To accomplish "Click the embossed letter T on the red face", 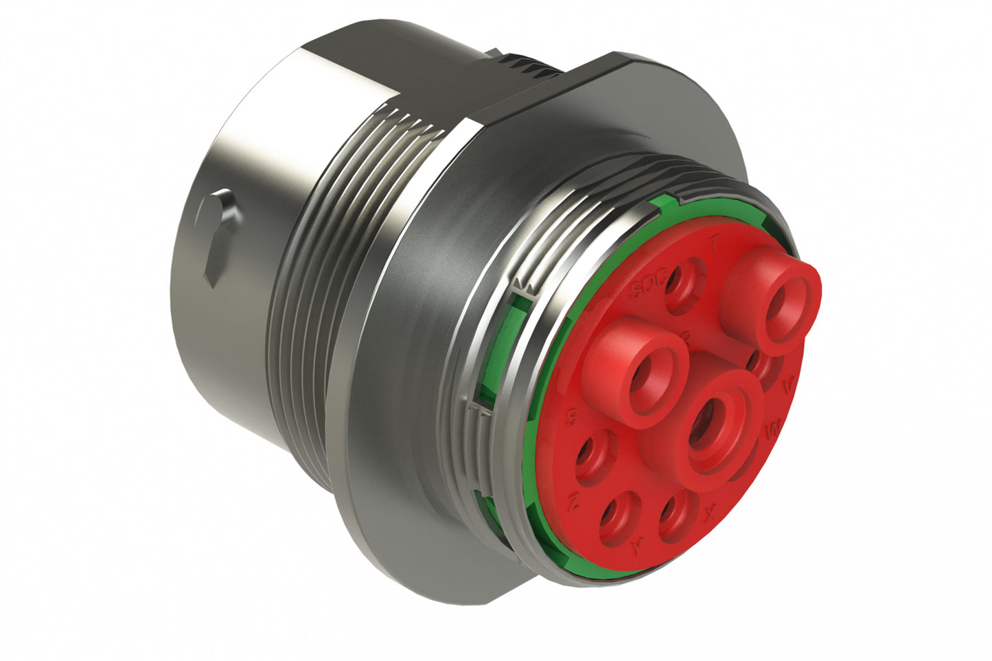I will pos(715,242).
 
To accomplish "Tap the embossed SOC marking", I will pos(647,286).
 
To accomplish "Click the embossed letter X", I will pos(712,511).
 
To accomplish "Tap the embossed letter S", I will pos(569,417).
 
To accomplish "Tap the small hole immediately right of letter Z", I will pos(616,520).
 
